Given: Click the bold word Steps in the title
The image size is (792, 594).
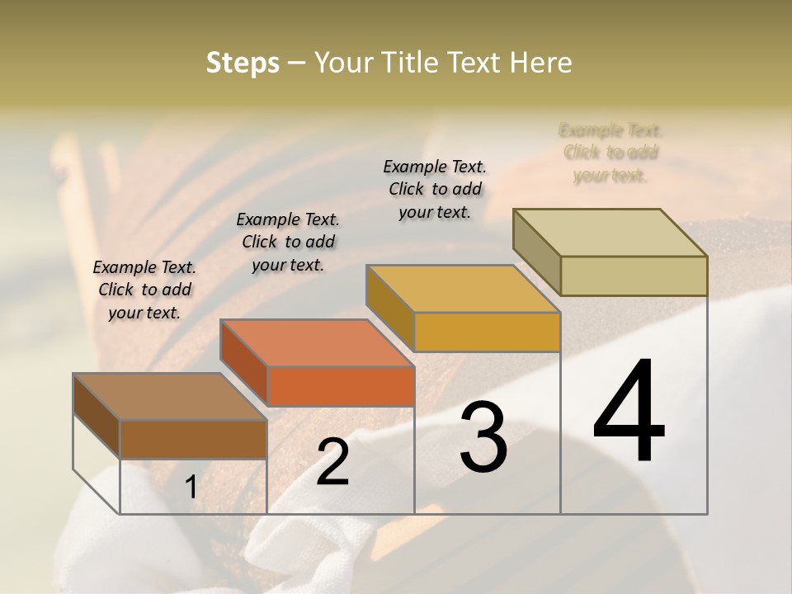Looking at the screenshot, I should [243, 63].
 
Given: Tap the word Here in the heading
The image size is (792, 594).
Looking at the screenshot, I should [540, 63].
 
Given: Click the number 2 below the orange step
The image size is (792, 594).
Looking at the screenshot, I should [332, 461].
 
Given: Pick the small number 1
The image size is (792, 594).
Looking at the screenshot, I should [191, 488].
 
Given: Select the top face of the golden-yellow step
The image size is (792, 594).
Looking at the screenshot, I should [463, 289].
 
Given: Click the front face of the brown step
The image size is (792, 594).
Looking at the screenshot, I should [193, 439].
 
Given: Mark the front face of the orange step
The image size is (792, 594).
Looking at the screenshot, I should [340, 386].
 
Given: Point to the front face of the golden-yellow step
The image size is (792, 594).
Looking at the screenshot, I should [487, 332].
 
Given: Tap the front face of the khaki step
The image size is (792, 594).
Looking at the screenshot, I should [634, 276].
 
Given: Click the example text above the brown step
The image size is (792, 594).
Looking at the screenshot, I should [144, 290].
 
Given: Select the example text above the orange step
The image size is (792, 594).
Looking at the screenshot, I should [288, 242].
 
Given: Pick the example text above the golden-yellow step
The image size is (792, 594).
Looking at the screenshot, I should [435, 189].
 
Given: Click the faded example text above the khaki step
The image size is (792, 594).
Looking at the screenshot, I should [610, 153].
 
